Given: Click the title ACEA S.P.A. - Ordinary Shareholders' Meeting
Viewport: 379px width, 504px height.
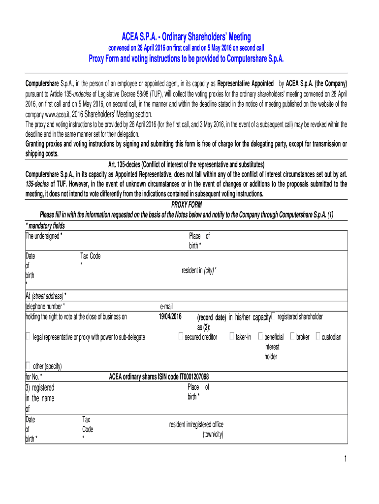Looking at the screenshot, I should (187, 37).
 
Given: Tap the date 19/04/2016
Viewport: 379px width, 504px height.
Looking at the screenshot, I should (170, 316).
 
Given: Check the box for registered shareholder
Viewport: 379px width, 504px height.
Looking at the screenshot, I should (274, 316).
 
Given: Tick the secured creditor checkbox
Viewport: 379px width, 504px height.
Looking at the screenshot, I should (181, 337).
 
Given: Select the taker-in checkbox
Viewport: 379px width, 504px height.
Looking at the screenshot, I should (232, 337).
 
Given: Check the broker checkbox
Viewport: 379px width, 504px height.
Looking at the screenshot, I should (293, 337).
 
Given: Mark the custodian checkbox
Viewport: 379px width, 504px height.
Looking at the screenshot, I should (318, 337).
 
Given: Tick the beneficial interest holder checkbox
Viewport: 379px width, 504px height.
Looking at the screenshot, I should (260, 337).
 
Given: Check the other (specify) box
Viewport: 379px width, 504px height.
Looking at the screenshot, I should (28, 365).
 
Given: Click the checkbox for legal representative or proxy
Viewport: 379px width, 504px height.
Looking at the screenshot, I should (28, 337).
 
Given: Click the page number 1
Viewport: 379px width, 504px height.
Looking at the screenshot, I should (346, 459).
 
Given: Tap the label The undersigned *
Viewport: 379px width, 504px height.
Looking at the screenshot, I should (44, 236).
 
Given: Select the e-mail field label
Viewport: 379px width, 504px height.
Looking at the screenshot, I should (166, 306).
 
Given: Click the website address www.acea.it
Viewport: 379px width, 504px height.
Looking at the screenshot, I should (60, 113).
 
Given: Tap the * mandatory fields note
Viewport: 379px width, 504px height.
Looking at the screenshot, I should (45, 226).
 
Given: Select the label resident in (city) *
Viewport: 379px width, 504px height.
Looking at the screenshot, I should (199, 271).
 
